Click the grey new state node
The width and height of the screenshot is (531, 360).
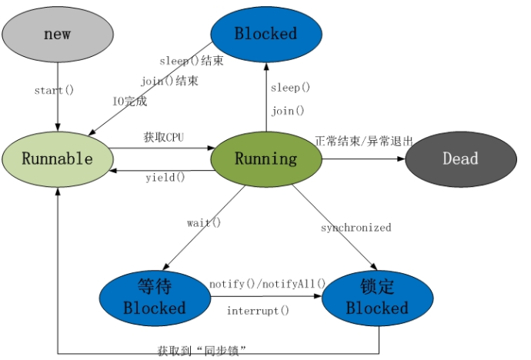point(57,35)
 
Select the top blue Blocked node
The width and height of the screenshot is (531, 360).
point(265,34)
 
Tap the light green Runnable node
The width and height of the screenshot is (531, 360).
point(57,159)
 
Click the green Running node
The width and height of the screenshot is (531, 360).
point(265,159)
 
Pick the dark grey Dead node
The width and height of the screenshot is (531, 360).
point(460,159)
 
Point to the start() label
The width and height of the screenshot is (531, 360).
point(54,90)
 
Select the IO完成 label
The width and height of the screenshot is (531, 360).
point(129,101)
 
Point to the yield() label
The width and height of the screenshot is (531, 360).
point(165,178)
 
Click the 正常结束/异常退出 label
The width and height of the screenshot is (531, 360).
point(364,142)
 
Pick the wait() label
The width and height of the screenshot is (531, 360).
point(203,223)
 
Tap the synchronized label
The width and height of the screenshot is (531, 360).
point(356,228)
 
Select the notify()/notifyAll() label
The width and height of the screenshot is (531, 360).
point(267,284)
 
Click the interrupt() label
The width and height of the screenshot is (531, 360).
point(258,311)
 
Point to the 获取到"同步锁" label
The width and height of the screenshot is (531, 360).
point(202,351)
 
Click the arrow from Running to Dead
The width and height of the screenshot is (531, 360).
point(362,159)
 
